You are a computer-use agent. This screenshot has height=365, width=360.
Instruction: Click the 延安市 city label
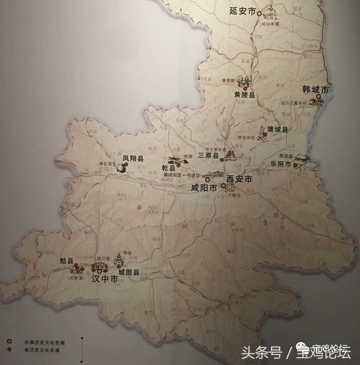(242, 11)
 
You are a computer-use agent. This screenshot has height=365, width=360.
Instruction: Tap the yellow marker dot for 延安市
(259, 13)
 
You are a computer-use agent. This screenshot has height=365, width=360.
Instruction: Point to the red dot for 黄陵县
(245, 89)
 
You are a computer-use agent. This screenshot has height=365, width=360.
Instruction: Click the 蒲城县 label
(278, 130)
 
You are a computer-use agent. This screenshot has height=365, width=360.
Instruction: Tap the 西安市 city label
(239, 179)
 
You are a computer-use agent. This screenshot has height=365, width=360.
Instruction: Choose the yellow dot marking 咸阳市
(207, 179)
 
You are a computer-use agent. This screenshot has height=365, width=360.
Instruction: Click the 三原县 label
(208, 155)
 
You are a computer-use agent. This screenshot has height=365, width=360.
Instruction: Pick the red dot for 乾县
(178, 165)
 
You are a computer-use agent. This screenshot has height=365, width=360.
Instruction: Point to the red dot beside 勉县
(76, 265)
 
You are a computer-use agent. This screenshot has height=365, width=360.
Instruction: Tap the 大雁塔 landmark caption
(234, 195)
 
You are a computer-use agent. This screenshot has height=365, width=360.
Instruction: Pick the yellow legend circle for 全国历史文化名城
(10, 341)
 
